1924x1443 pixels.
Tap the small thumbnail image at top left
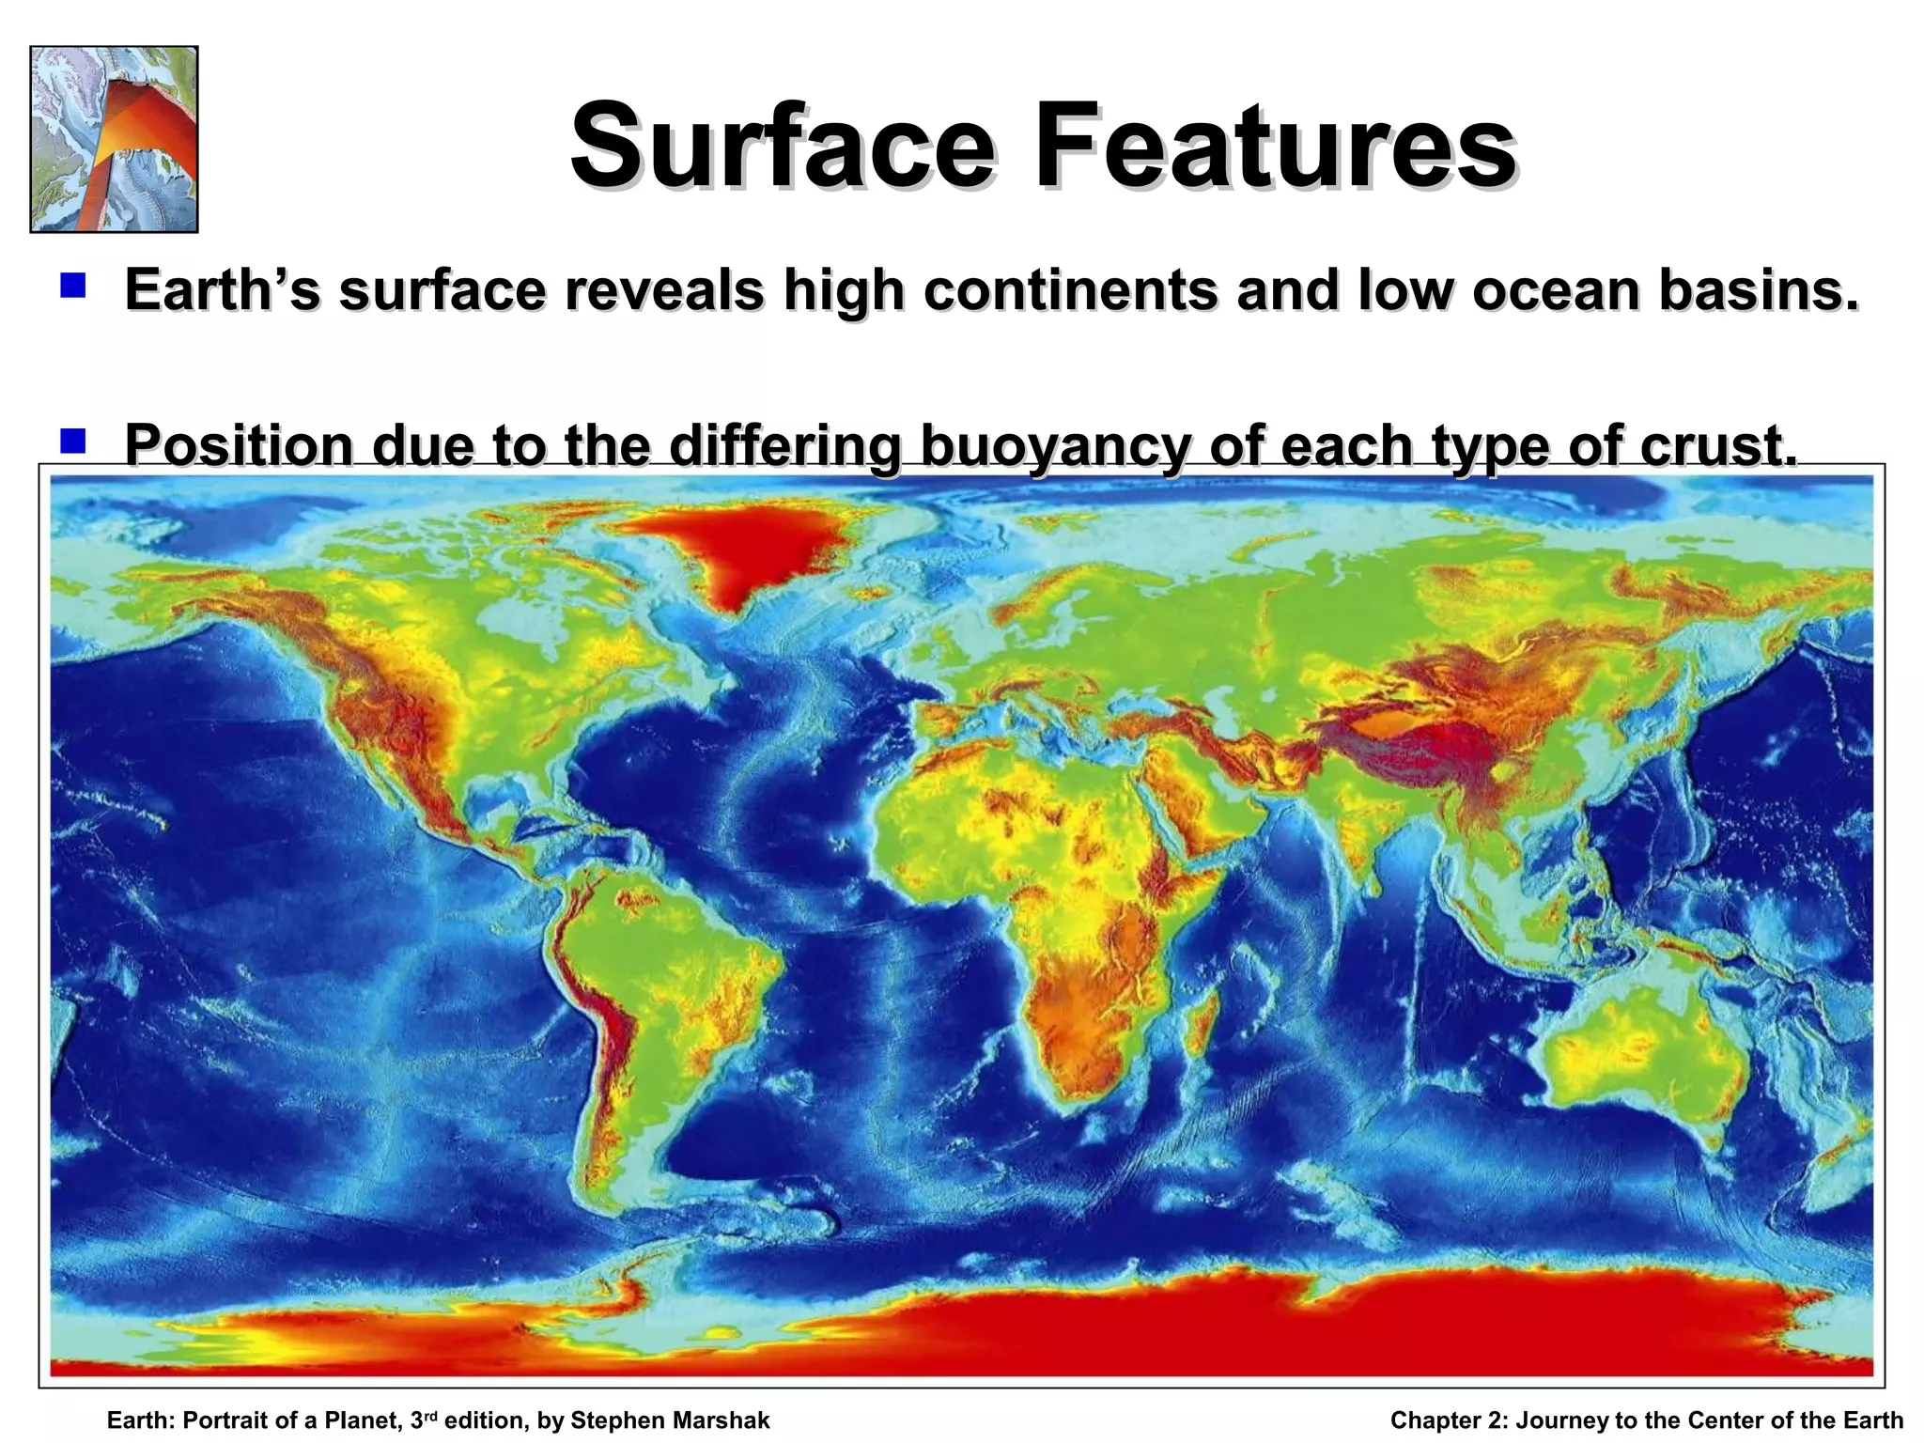(114, 139)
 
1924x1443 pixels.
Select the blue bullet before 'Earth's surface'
(72, 285)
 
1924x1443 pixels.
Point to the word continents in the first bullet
(1069, 290)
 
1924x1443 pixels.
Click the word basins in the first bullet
(1758, 290)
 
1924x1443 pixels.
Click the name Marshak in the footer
(721, 1420)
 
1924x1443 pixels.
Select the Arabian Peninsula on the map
(1188, 799)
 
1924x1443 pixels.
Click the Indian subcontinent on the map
(1353, 827)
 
